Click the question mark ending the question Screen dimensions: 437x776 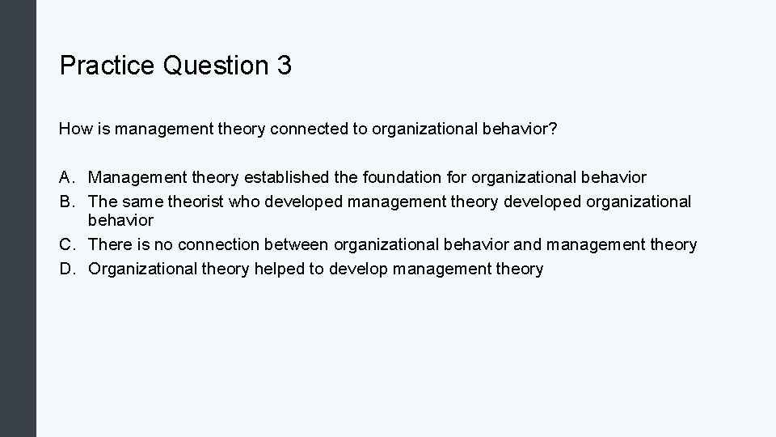(x=552, y=129)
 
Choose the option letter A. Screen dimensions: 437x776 (x=68, y=176)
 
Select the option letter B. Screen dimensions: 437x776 (x=68, y=201)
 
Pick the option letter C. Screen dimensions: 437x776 (x=68, y=244)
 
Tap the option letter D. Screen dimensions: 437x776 (x=68, y=269)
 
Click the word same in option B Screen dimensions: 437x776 (x=144, y=201)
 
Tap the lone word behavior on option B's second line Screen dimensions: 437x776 (x=120, y=220)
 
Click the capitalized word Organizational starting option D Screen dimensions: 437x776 (x=141, y=269)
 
